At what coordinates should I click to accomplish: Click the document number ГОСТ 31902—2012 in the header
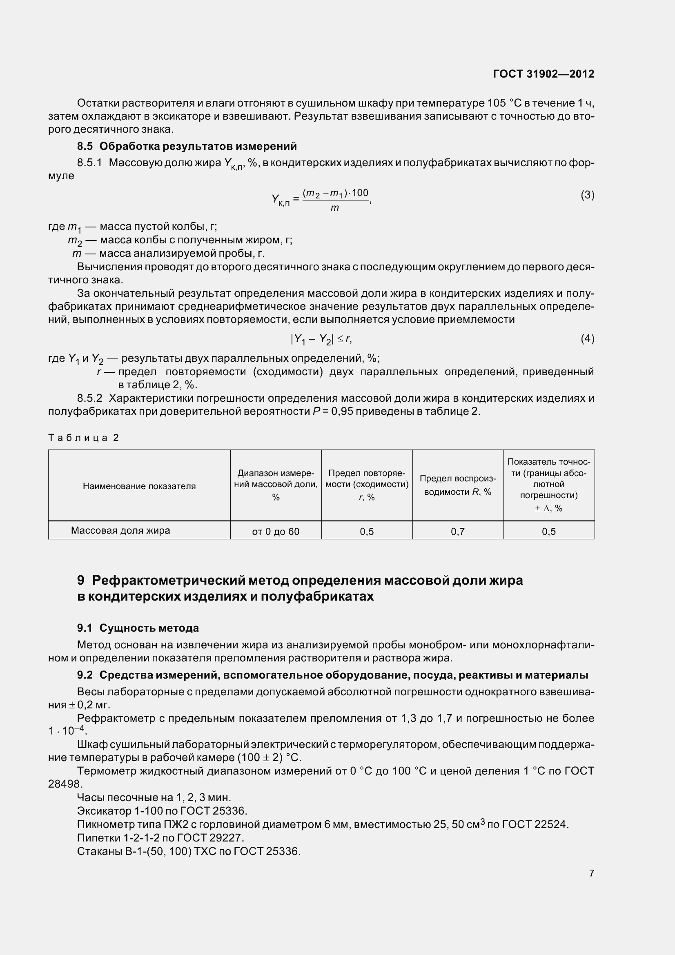click(x=544, y=74)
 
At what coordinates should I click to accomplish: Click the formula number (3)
click(x=587, y=195)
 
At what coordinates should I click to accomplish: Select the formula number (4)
click(x=587, y=338)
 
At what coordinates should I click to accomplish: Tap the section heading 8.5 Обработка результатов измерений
click(x=187, y=146)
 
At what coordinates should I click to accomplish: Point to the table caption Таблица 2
click(x=84, y=438)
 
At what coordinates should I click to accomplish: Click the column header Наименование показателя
click(x=139, y=486)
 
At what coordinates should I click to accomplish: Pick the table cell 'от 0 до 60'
click(x=275, y=531)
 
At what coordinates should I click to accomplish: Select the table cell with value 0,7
click(x=457, y=531)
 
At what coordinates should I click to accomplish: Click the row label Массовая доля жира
click(x=120, y=530)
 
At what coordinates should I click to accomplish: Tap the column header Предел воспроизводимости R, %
click(x=457, y=485)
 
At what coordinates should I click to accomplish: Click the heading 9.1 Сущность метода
click(x=138, y=628)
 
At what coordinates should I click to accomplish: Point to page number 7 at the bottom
click(x=591, y=873)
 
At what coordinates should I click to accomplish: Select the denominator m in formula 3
click(x=335, y=207)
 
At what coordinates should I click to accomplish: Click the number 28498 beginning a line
click(x=65, y=784)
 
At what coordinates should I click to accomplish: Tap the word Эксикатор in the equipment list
click(x=104, y=811)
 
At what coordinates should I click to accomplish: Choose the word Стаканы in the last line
click(x=99, y=851)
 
